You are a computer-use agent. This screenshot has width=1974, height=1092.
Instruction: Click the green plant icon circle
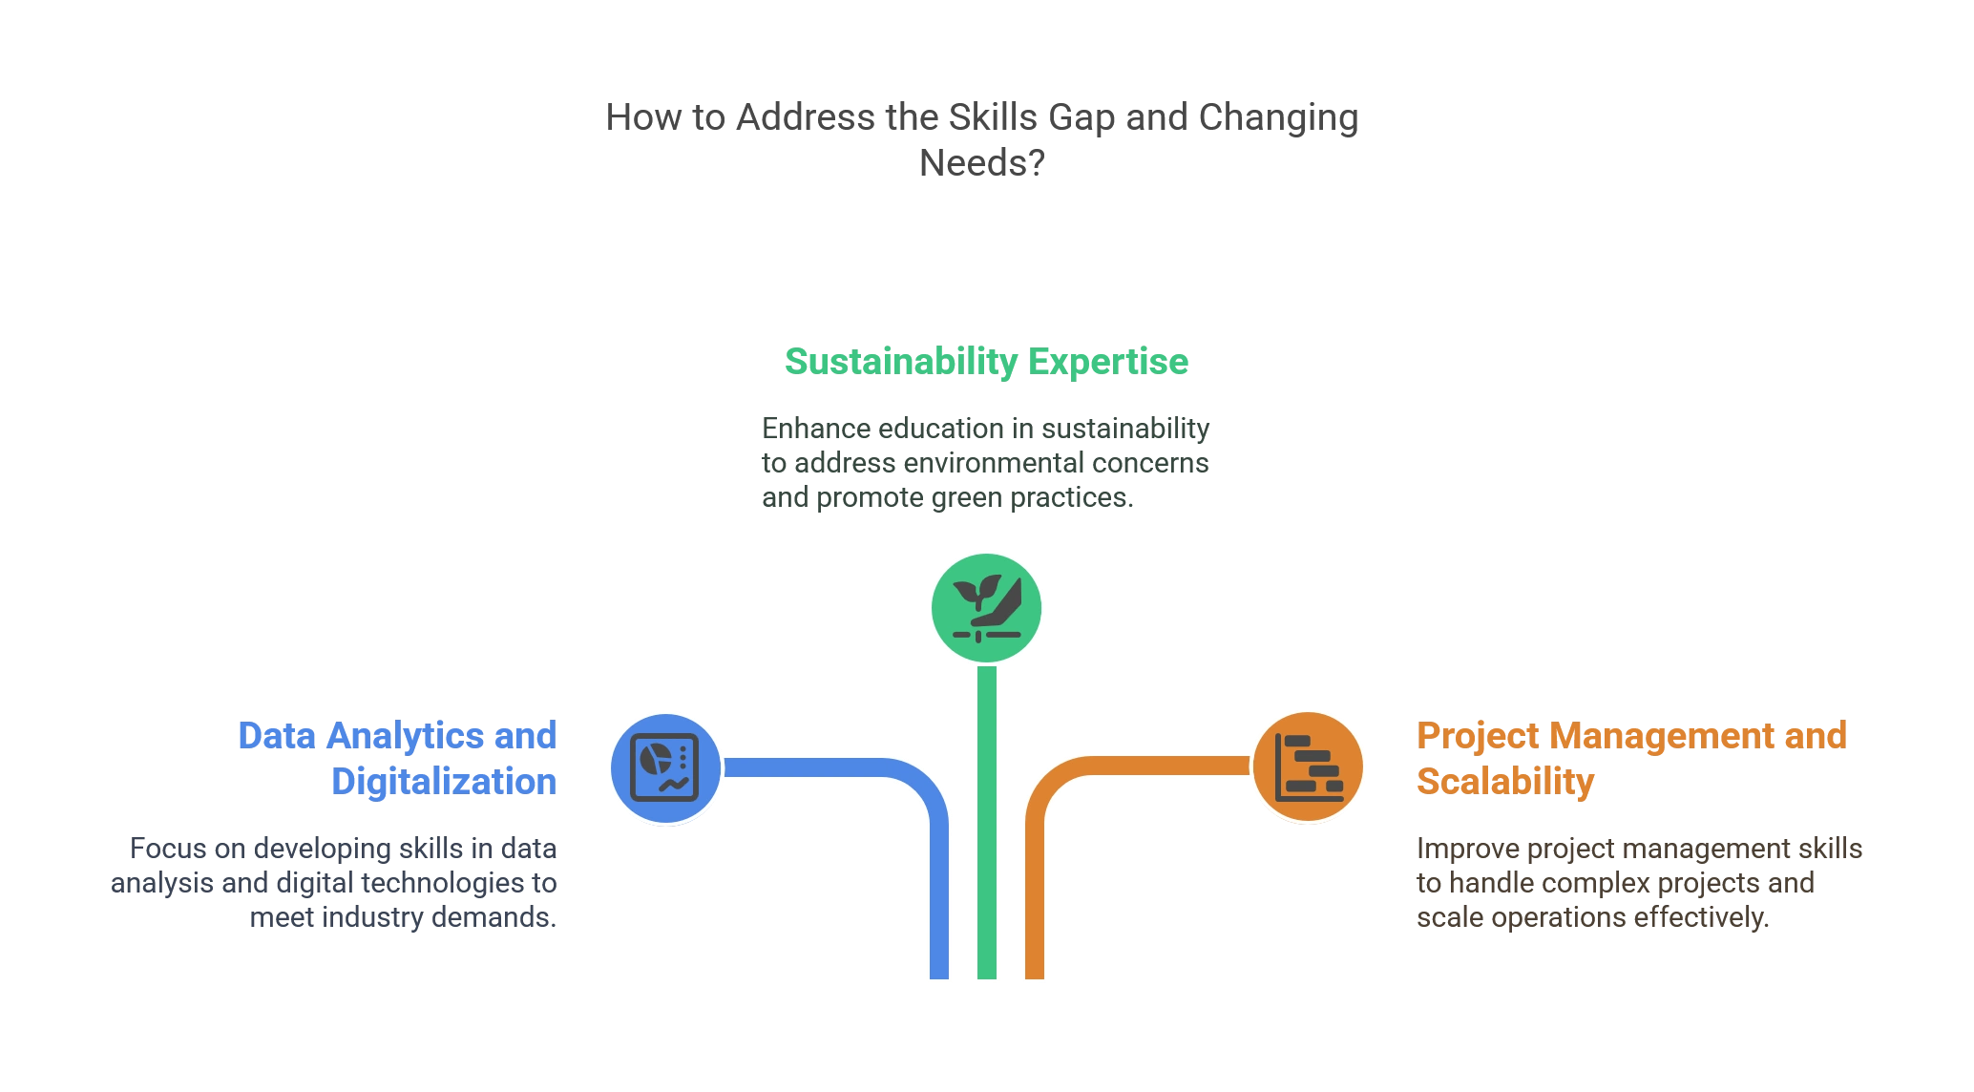click(x=987, y=607)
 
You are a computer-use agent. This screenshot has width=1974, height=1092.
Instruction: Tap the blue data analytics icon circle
click(x=666, y=766)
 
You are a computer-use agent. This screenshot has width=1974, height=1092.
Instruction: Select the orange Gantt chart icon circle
click(x=1308, y=766)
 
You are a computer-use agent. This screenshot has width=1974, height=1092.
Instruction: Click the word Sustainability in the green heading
click(x=898, y=361)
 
